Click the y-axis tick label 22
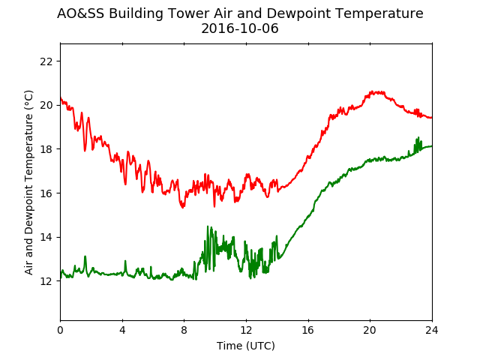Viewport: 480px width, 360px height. click(46, 61)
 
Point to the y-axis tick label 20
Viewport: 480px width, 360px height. click(46, 105)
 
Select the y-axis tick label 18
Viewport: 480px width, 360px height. click(46, 149)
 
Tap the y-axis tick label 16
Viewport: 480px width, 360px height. click(46, 193)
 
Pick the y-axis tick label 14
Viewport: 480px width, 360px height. click(46, 237)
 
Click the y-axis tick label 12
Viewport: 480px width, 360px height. click(46, 281)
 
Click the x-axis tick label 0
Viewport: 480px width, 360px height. click(60, 330)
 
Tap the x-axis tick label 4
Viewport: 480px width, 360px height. click(122, 330)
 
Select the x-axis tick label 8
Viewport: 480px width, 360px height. click(184, 330)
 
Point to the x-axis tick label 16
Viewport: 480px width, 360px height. click(308, 330)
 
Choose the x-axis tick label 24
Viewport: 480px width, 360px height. click(432, 330)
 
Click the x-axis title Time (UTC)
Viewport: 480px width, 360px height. click(246, 346)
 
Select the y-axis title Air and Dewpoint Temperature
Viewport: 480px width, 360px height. click(28, 183)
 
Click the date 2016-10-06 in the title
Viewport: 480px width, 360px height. click(240, 28)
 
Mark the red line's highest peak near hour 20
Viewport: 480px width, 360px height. click(372, 91)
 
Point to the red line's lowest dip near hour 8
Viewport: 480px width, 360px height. click(183, 208)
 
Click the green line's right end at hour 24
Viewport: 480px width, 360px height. click(432, 146)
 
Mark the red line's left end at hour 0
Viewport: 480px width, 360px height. click(61, 97)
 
